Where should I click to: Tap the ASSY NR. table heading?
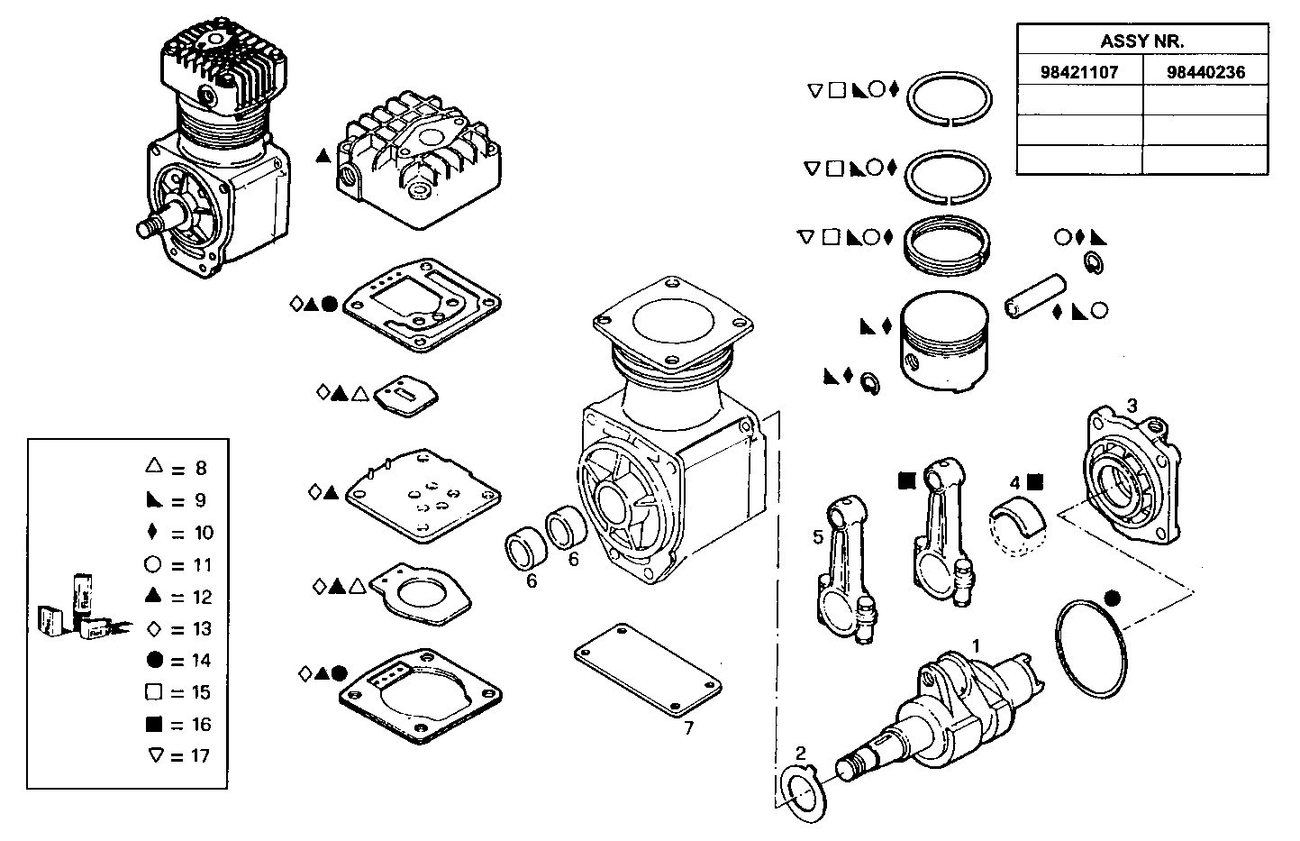click(1141, 41)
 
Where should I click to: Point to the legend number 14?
click(200, 661)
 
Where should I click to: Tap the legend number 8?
click(200, 469)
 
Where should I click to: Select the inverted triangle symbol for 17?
click(153, 755)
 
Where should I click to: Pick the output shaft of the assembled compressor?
click(157, 225)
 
